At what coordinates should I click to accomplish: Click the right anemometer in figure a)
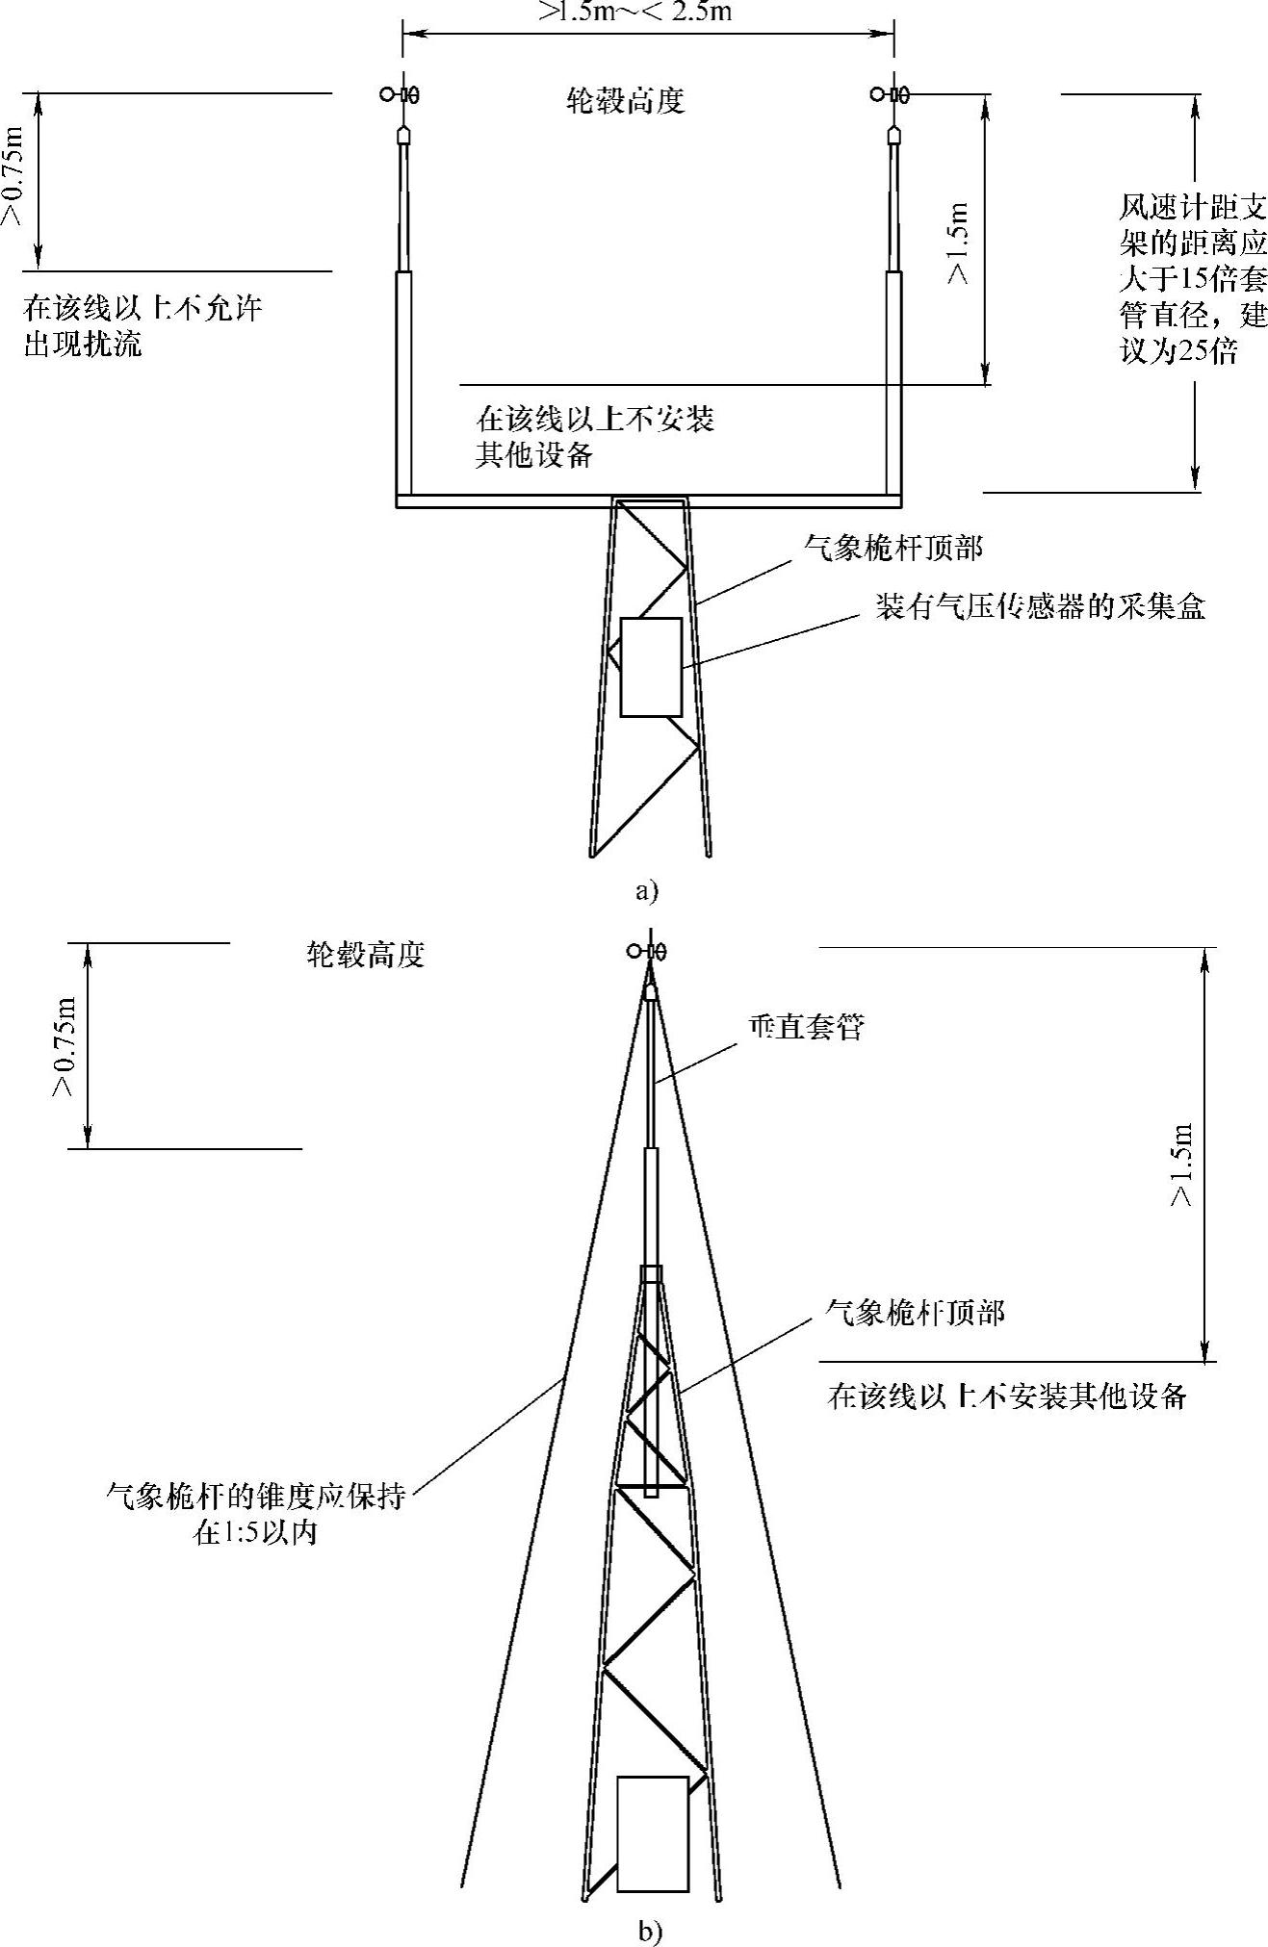tap(891, 94)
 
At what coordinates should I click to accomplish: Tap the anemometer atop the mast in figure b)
tap(646, 951)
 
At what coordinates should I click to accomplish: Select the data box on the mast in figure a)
tap(651, 667)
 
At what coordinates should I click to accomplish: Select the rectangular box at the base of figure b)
tap(652, 1833)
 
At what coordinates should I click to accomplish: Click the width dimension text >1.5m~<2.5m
tap(634, 12)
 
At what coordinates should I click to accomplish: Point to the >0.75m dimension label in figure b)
tap(64, 1046)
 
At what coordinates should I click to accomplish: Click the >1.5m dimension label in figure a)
tap(958, 243)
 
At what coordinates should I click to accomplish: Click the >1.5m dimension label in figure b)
tap(1181, 1164)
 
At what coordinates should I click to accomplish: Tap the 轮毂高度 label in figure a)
tap(626, 101)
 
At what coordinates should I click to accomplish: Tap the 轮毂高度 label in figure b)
tap(365, 955)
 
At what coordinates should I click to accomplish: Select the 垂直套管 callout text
tap(806, 1027)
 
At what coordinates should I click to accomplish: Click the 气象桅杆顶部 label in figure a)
tap(893, 549)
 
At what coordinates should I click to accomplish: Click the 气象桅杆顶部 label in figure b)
tap(916, 1313)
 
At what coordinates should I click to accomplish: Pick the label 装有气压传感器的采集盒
tap(1040, 606)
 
